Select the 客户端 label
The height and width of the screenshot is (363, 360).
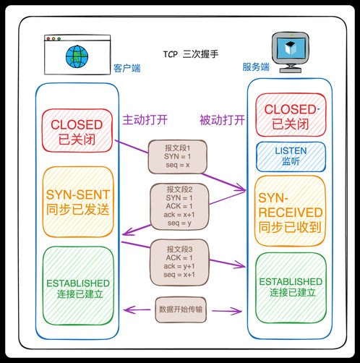pos(128,68)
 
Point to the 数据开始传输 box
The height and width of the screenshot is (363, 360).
pos(181,309)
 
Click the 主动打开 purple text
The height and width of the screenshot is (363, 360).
pos(145,119)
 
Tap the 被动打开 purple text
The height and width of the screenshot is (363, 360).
pos(222,119)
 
